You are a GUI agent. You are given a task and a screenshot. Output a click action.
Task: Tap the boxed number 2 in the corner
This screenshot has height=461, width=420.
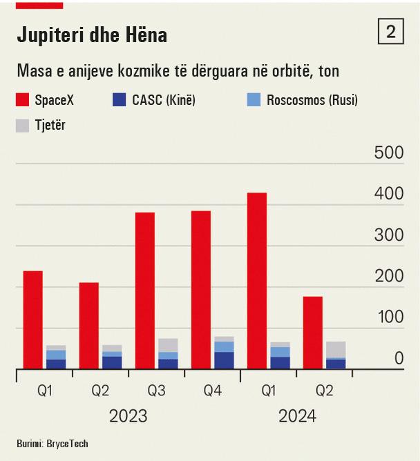coord(391,32)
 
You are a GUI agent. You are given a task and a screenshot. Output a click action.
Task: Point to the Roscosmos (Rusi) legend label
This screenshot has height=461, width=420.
coord(312,101)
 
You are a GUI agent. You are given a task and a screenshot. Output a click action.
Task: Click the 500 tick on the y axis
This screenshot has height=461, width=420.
coord(389,153)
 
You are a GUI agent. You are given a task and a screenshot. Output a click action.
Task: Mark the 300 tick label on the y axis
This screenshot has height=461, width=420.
coord(389,235)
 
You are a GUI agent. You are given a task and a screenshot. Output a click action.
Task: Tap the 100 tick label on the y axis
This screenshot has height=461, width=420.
coord(389,317)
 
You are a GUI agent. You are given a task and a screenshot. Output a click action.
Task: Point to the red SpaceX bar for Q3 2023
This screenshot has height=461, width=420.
coord(144,291)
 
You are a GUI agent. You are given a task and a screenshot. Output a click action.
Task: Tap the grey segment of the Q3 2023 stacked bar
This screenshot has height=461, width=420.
coord(169,345)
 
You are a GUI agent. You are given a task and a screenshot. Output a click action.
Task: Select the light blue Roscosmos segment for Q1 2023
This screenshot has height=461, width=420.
coord(56,355)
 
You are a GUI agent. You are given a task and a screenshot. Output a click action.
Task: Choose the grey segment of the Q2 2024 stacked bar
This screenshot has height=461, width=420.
coord(336,349)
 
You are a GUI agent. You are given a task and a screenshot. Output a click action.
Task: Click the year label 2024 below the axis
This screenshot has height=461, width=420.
coord(297,416)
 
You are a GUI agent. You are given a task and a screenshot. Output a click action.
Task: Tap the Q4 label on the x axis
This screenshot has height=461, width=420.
coord(213,391)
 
